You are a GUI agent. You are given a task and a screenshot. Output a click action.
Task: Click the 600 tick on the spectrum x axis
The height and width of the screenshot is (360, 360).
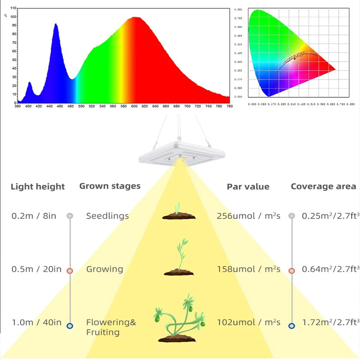(x=134, y=106)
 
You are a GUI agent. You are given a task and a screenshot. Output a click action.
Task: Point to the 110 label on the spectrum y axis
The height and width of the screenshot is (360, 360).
(x=13, y=8)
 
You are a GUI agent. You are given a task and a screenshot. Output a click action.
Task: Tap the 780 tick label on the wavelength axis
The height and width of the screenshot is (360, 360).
(x=230, y=106)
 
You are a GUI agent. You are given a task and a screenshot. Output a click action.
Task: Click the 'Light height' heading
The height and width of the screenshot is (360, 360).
(x=38, y=187)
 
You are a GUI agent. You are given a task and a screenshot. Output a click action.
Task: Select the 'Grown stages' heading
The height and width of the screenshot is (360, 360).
(x=110, y=186)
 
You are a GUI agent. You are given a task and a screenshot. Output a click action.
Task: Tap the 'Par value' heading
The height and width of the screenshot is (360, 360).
(x=248, y=187)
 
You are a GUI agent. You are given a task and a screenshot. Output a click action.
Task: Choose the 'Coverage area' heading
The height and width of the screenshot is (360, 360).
(x=323, y=186)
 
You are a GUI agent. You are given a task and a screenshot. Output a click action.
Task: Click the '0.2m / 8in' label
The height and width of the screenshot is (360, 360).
(x=34, y=216)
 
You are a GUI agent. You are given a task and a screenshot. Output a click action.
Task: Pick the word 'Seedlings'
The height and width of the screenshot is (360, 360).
(x=107, y=216)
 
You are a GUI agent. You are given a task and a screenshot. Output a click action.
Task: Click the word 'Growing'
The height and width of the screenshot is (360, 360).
(x=104, y=269)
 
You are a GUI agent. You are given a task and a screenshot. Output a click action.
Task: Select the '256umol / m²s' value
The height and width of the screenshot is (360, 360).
(x=248, y=216)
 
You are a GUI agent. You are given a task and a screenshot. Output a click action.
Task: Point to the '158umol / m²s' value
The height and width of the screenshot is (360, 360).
(x=248, y=269)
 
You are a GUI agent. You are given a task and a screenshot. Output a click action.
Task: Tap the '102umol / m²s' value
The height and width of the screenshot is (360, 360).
(x=248, y=323)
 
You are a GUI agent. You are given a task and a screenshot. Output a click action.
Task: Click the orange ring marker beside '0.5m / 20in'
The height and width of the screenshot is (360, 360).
(x=70, y=271)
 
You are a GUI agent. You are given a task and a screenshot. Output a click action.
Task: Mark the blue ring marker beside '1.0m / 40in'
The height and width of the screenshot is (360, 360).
(x=70, y=325)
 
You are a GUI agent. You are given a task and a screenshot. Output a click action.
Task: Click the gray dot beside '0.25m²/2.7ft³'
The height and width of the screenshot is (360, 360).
(x=292, y=216)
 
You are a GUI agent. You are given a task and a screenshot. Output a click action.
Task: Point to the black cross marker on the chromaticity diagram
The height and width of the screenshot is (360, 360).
(x=294, y=58)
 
